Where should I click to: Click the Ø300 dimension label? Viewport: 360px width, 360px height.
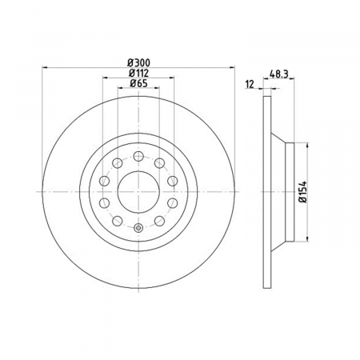click(x=138, y=63)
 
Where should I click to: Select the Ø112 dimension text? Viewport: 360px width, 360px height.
click(x=138, y=73)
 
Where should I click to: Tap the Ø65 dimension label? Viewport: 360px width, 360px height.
click(x=138, y=83)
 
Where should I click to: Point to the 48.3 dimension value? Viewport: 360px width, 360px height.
click(x=279, y=74)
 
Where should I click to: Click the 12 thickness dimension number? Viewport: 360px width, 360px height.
click(x=250, y=84)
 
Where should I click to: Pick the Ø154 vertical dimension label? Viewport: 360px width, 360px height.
click(x=303, y=192)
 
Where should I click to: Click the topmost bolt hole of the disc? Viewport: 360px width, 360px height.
click(x=138, y=156)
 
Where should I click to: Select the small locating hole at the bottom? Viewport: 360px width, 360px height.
click(x=138, y=228)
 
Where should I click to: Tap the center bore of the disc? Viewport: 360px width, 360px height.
click(x=138, y=192)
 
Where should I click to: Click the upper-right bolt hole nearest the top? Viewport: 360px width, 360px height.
click(x=159, y=163)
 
